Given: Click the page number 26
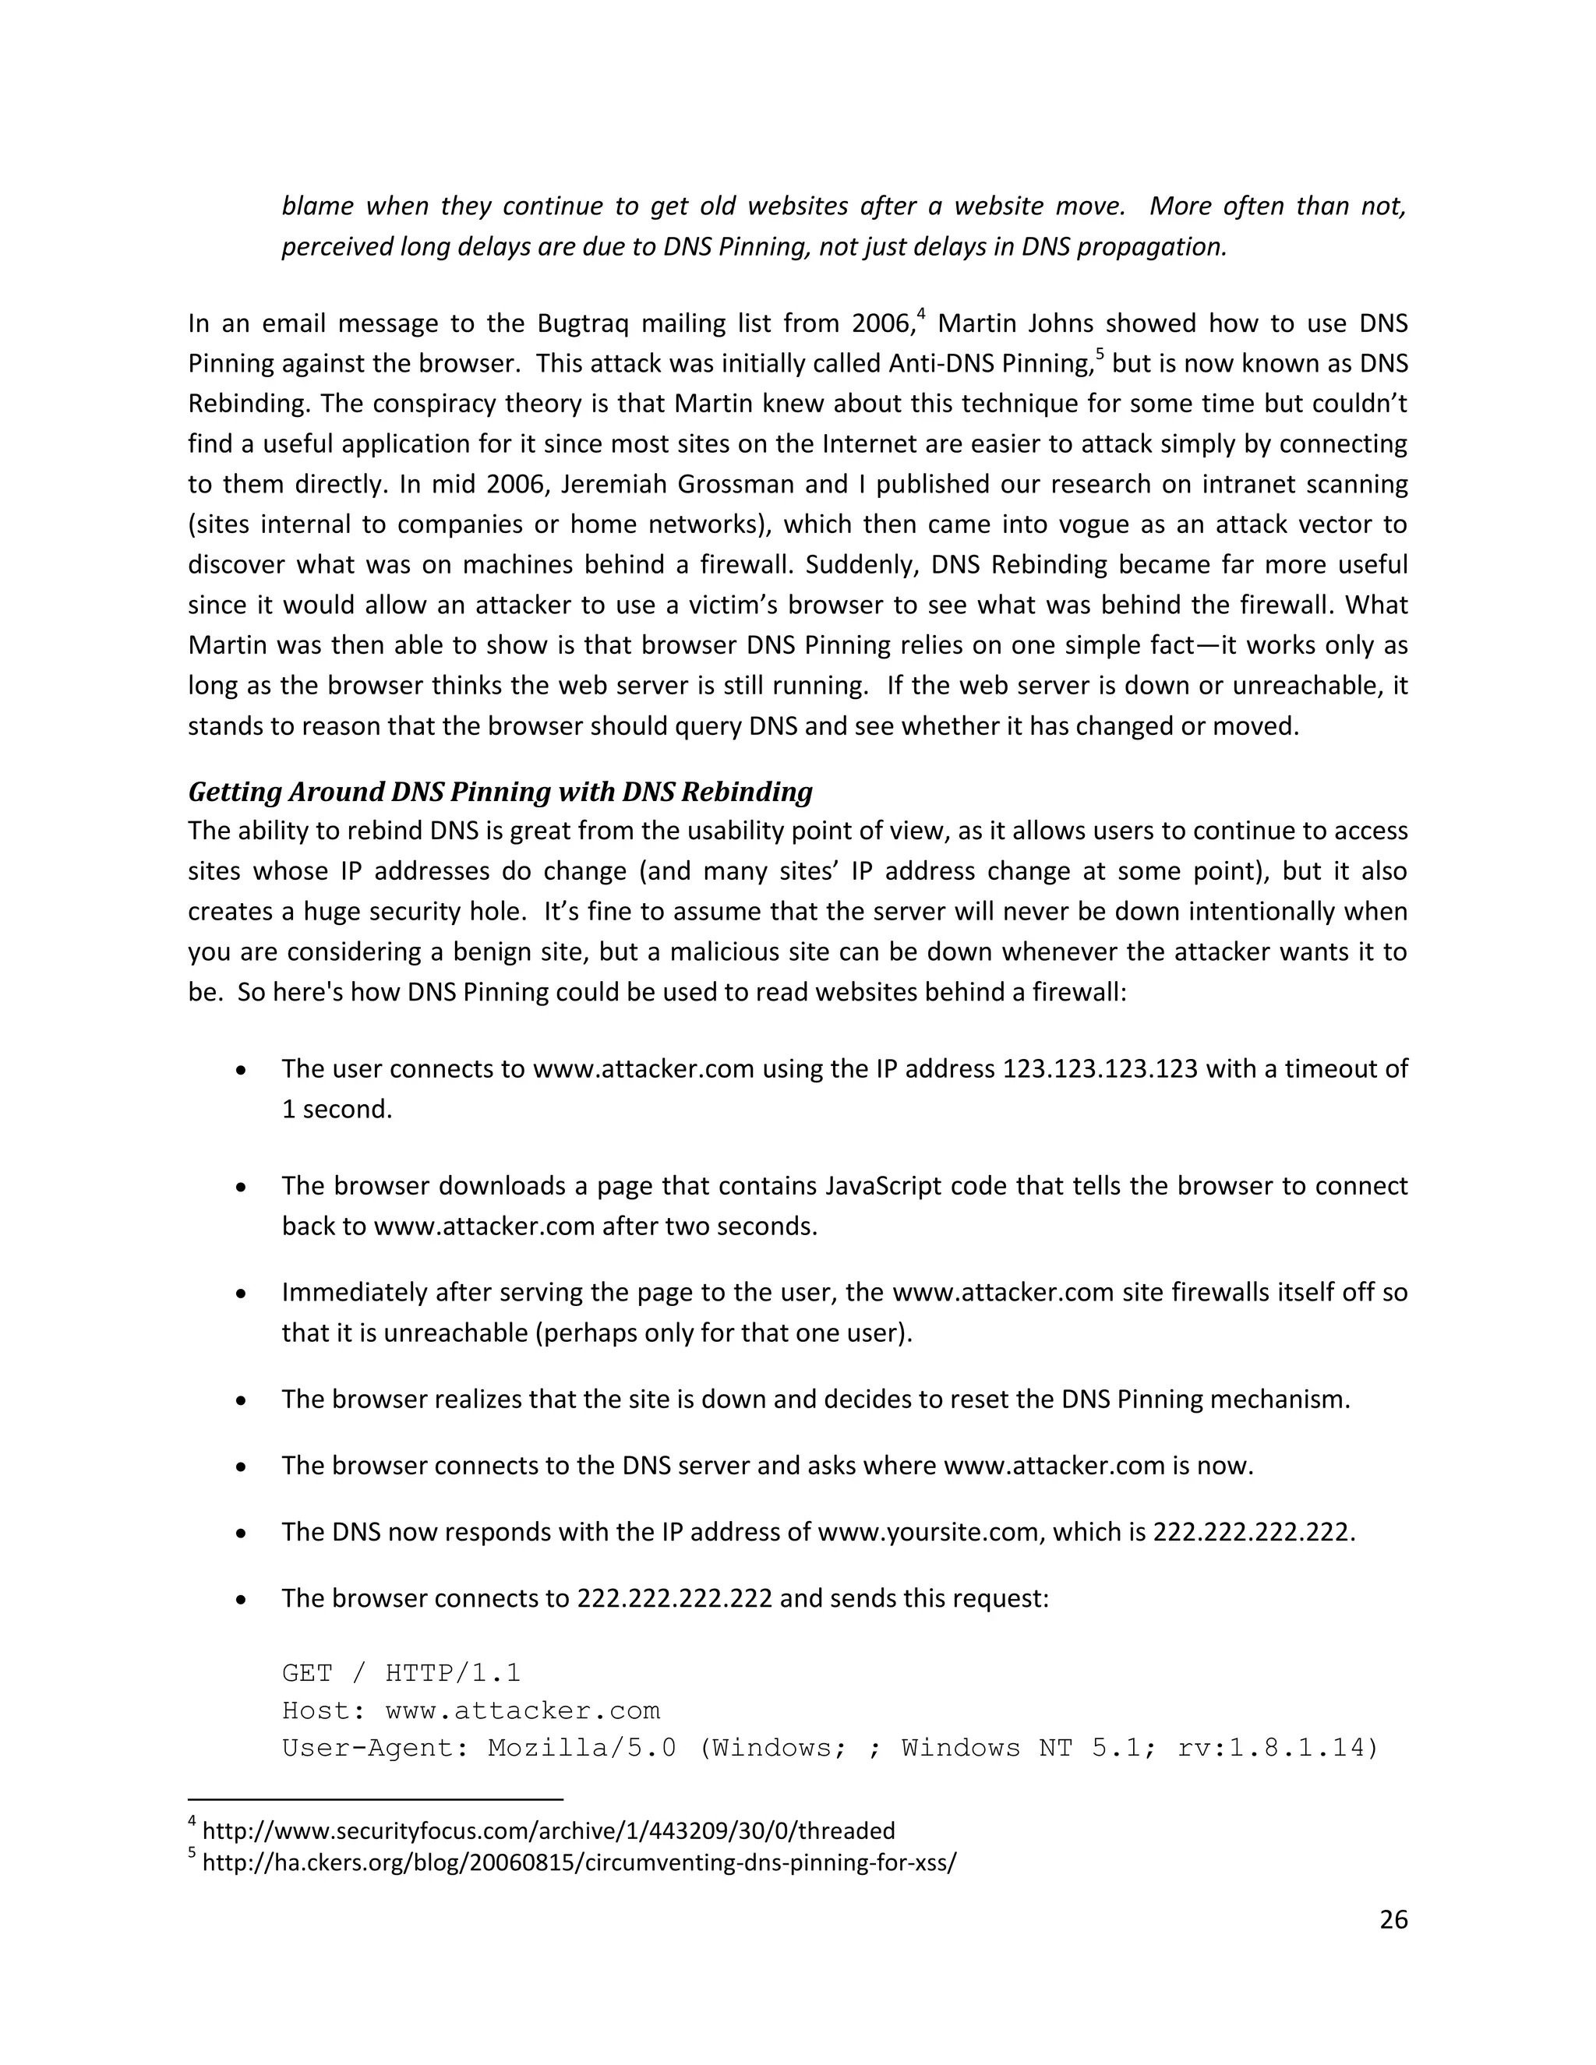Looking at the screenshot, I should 1393,1919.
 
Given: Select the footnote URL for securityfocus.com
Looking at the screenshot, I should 549,1830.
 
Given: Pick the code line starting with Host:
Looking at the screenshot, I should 471,1710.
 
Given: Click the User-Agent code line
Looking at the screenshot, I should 830,1747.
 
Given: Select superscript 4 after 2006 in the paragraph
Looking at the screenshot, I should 920,314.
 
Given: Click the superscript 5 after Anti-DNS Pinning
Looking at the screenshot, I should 1100,355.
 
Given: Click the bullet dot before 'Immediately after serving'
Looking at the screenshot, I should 242,1293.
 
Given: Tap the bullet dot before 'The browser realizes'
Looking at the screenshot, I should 242,1400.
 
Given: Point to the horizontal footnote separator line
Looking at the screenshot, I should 376,1799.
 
